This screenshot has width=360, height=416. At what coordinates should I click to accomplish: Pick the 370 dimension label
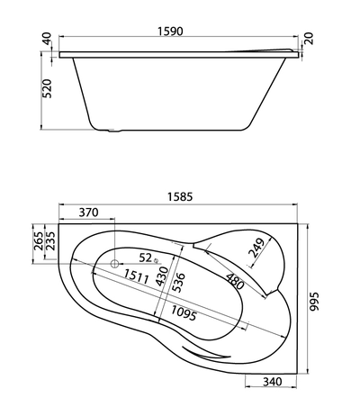(x=87, y=213)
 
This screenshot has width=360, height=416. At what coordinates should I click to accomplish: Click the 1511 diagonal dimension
(x=137, y=275)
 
